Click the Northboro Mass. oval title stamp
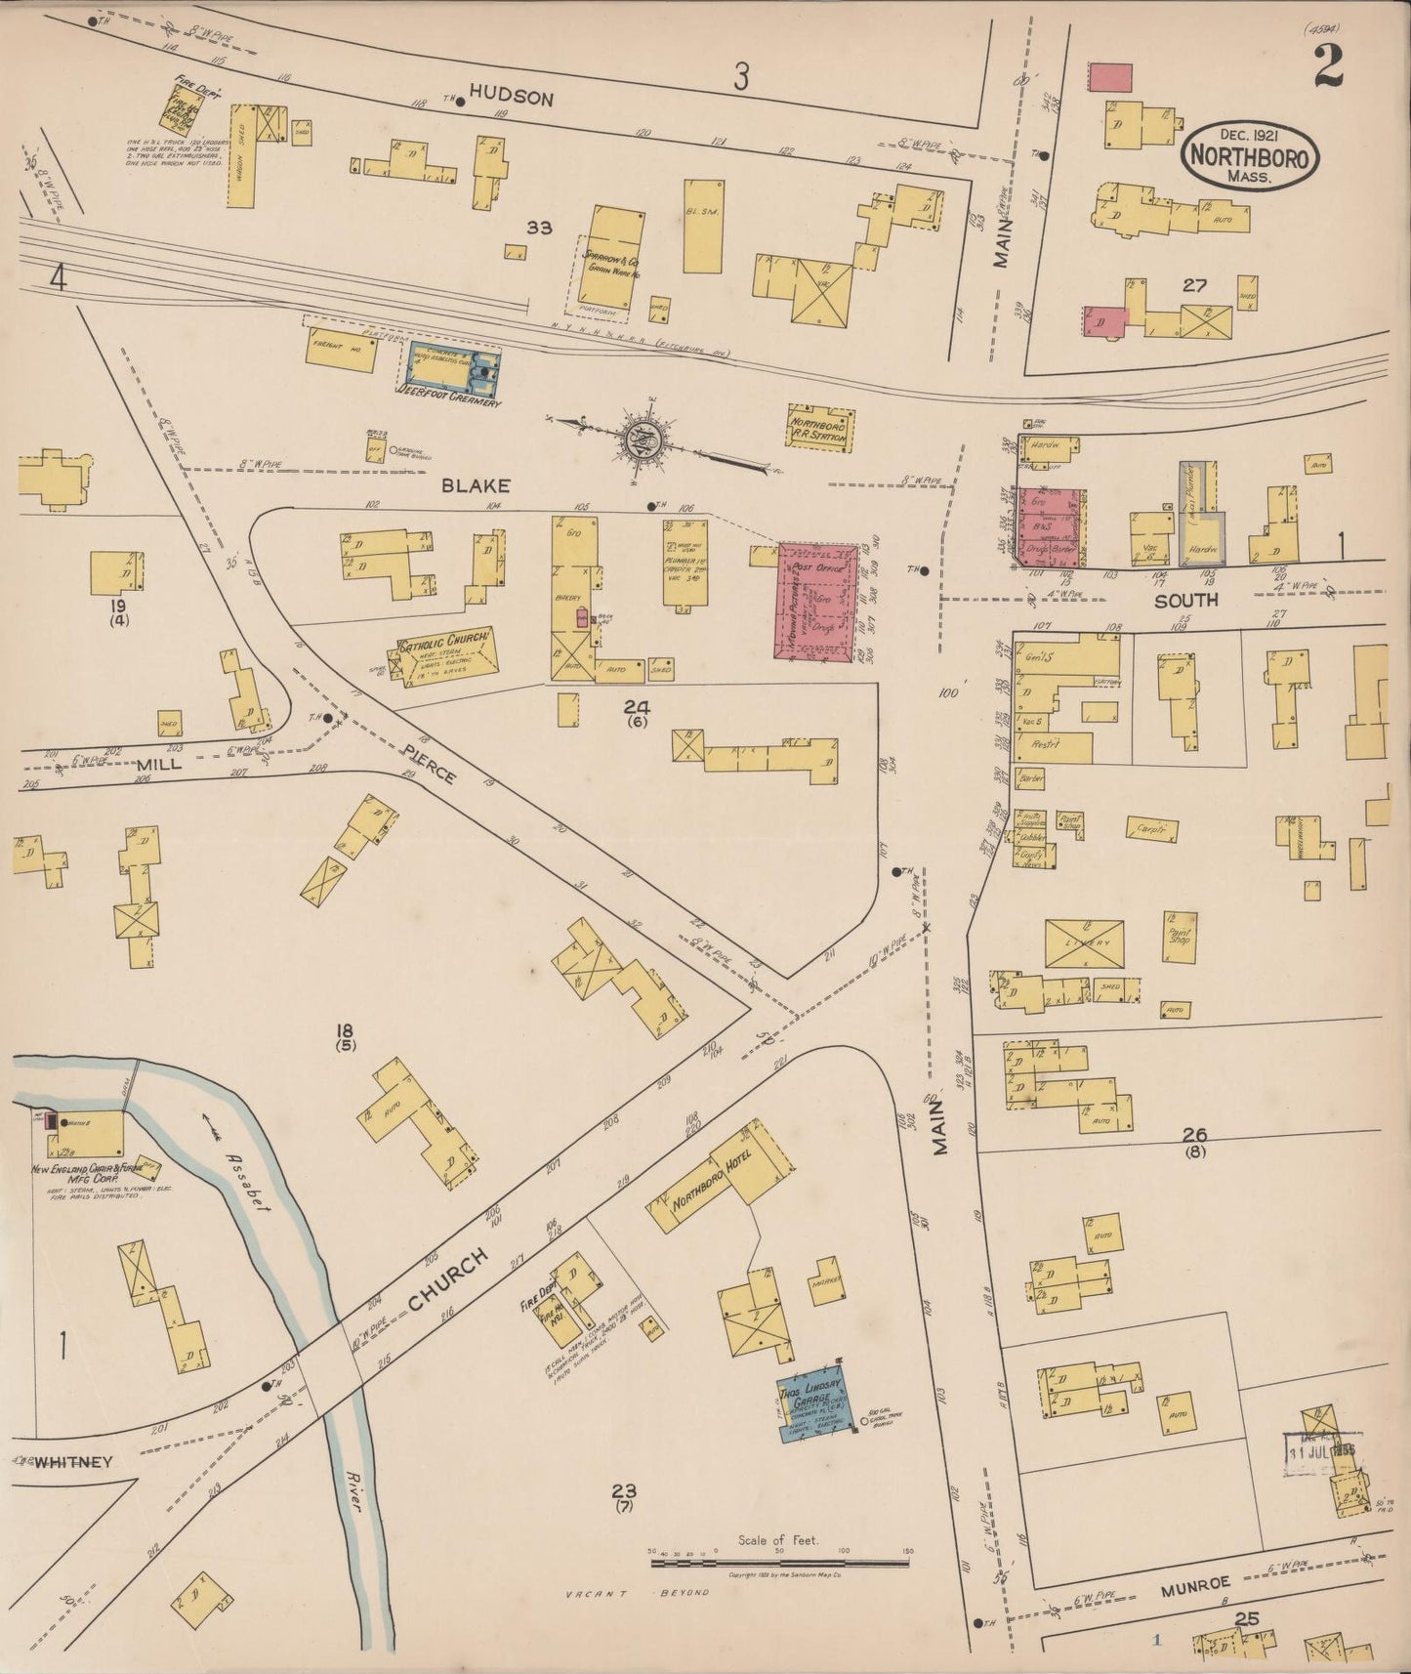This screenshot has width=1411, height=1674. click(1251, 156)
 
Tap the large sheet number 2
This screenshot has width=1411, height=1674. click(1327, 68)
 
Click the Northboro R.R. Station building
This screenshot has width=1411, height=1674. click(820, 427)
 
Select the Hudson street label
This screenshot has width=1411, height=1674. click(511, 98)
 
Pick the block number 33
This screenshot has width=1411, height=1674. click(539, 229)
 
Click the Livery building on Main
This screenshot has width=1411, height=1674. click(1083, 943)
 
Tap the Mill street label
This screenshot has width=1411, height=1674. click(158, 765)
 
